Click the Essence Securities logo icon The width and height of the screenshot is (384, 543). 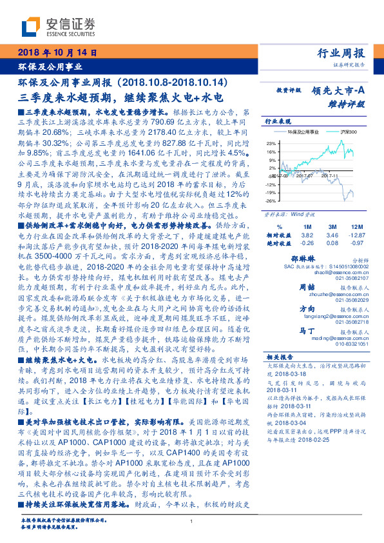[x=30, y=27]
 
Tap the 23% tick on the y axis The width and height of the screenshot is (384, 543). [x=272, y=143]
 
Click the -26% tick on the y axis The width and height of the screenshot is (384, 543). [x=272, y=201]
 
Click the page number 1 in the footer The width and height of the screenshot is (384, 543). [x=192, y=521]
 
